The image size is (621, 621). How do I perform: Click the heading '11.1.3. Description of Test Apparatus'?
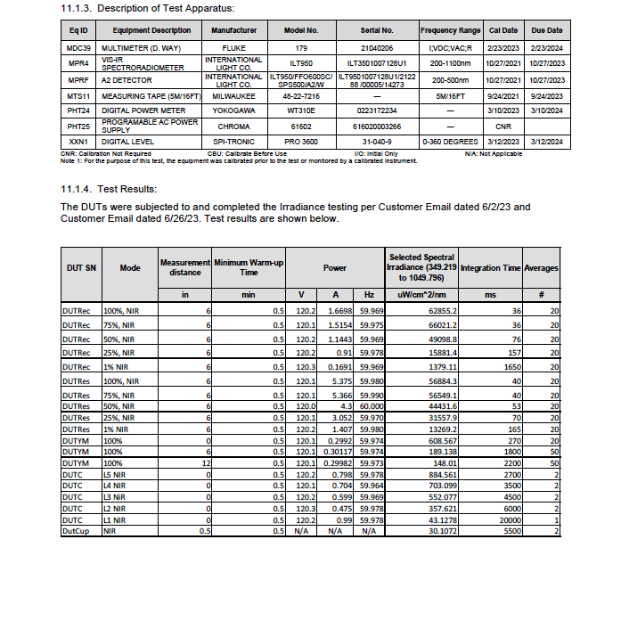coord(147,9)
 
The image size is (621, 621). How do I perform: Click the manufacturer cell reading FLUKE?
coord(233,46)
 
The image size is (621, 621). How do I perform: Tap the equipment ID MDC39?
coord(79,46)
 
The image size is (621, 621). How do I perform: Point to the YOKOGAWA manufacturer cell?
coord(233,110)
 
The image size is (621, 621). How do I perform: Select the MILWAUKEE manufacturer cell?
coord(233,95)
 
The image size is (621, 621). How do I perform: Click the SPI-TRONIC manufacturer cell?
coord(233,142)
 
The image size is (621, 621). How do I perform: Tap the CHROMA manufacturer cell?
coord(233,126)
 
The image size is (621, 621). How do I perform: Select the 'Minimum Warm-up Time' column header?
coord(249,267)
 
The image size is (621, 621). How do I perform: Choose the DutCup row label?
coord(74,531)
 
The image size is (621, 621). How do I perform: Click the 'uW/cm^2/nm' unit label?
coord(422,294)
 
